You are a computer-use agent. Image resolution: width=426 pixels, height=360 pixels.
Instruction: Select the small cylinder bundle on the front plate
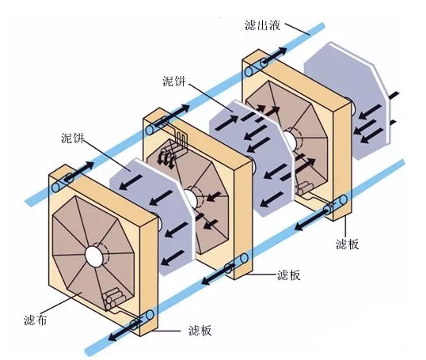[113, 298]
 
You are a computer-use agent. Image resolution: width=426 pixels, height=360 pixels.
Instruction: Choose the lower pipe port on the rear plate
[331, 209]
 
